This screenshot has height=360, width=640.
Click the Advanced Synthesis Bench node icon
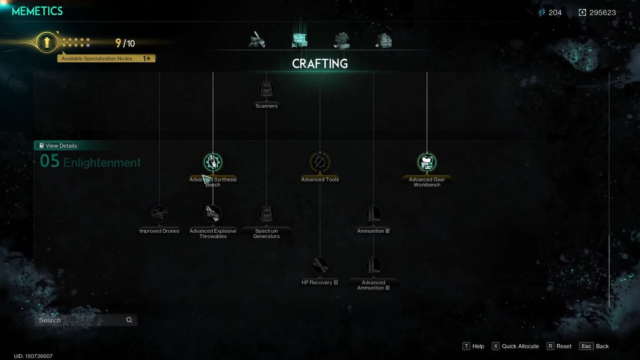[x=213, y=162]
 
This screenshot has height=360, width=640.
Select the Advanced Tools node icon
[x=320, y=162]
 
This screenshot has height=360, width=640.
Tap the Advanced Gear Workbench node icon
[x=427, y=162]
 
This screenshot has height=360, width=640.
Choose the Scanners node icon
[x=266, y=89]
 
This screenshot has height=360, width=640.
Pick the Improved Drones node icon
[x=159, y=214]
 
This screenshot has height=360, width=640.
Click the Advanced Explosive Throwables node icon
[x=213, y=214]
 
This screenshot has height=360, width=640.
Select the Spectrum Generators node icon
[x=266, y=214]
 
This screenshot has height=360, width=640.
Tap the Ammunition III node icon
[x=373, y=214]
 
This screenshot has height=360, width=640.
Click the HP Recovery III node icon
[x=320, y=265]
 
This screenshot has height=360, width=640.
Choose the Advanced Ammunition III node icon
[x=373, y=265]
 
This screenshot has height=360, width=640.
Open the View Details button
[x=58, y=146]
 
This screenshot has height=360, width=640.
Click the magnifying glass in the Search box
[x=129, y=320]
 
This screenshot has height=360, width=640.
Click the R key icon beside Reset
[x=550, y=346]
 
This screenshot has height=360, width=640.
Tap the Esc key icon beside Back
[x=586, y=346]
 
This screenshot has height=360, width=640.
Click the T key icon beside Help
[x=466, y=346]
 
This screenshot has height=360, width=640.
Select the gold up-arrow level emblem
[x=46, y=43]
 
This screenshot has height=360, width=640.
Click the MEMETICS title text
[x=37, y=11]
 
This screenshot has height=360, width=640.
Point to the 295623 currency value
[x=602, y=13]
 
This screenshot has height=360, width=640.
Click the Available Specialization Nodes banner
[x=106, y=58]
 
